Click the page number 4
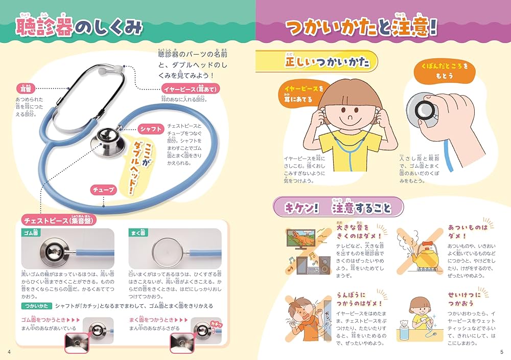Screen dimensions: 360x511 click(9, 351)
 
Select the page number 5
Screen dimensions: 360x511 click(502, 351)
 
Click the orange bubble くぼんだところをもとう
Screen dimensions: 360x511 click(441, 71)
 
